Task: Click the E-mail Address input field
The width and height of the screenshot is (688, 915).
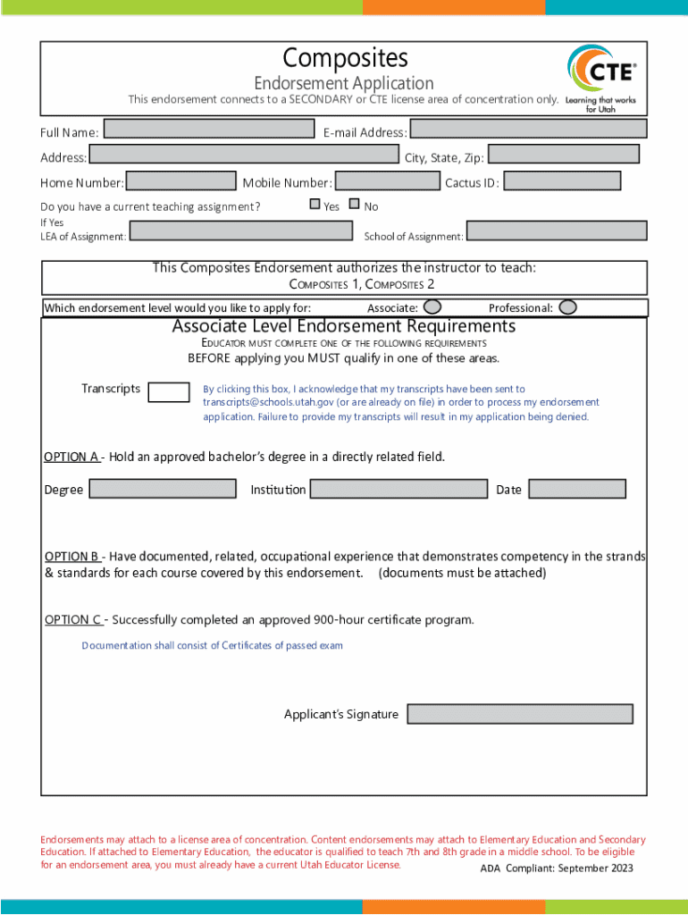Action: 527,129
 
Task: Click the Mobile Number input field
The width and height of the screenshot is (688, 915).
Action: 387,181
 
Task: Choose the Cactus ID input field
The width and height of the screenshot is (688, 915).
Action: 562,181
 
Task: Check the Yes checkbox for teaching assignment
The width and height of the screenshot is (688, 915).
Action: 315,205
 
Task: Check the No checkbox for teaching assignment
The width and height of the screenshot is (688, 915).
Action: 354,205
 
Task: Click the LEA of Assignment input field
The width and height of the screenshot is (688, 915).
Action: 240,231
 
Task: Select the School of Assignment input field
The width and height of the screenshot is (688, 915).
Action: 556,231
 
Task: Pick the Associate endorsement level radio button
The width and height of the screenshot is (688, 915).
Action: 432,307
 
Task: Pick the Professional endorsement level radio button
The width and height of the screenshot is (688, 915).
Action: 567,307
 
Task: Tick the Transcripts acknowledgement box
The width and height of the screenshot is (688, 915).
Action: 168,392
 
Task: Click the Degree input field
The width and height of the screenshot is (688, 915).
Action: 162,489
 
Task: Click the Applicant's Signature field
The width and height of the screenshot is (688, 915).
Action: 520,714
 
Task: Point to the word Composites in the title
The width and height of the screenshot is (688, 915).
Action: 345,58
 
